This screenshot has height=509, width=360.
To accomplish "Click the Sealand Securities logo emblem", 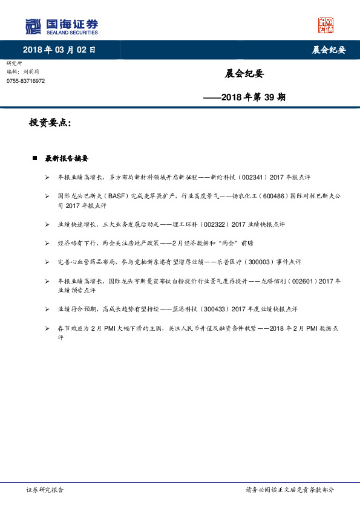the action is coord(33,27).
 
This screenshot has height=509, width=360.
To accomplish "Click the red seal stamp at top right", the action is coord(326,25).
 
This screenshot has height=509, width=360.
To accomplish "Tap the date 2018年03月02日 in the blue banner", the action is coord(59,50).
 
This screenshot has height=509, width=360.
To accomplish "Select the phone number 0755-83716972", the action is coord(25,80).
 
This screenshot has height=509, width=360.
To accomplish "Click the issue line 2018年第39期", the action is coord(244,96).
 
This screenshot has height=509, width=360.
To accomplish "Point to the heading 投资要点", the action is coord(50,123).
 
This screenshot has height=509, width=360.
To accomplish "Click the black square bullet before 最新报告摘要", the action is coord(34,158).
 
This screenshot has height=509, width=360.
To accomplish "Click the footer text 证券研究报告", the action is coord(45,490).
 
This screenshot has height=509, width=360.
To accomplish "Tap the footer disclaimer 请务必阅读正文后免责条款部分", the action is coord(289,490).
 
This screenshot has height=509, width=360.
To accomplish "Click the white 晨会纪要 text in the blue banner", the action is coord(329,50).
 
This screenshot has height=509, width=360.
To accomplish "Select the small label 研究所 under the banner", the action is coord(14,63).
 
